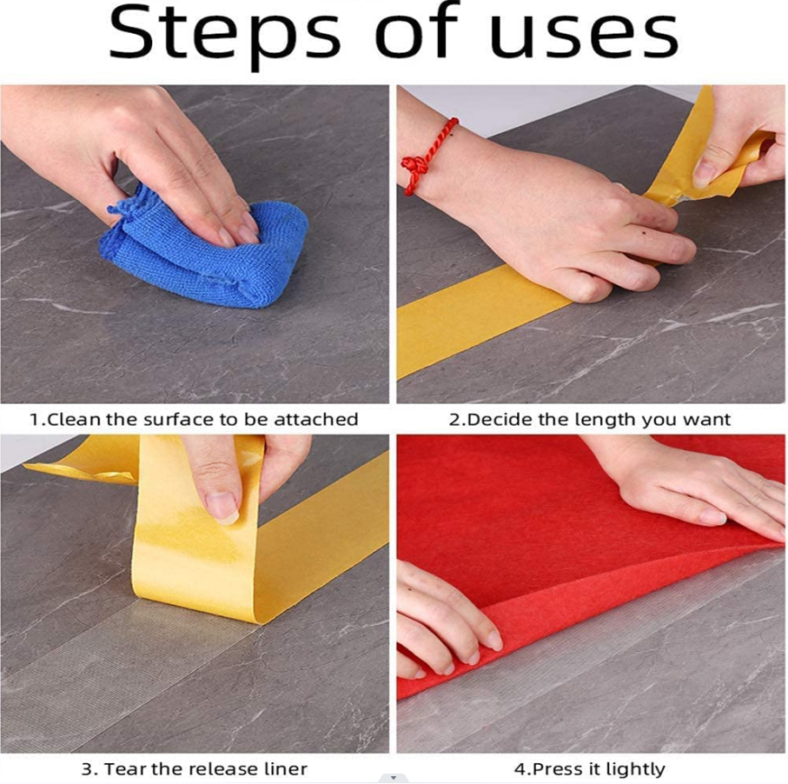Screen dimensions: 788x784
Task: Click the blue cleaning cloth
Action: pyautogui.click(x=204, y=248)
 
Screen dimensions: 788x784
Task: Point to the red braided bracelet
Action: pyautogui.click(x=428, y=156)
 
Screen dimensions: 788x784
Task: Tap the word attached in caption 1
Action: pyautogui.click(x=316, y=420)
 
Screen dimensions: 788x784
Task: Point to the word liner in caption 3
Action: pyautogui.click(x=285, y=769)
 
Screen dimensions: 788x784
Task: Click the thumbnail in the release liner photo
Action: pyautogui.click(x=222, y=505)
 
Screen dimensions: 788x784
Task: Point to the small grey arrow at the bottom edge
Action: pyautogui.click(x=394, y=778)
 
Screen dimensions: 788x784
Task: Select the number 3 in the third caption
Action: pyautogui.click(x=86, y=769)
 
